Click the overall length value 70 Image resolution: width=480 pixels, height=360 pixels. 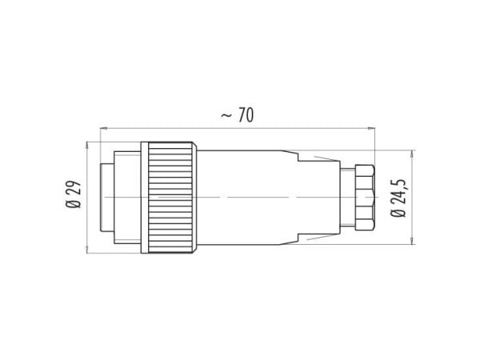(246, 115)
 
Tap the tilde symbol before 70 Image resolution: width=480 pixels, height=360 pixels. (226, 115)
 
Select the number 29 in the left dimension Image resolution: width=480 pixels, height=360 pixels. (74, 188)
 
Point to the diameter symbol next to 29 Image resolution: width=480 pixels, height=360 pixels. (74, 203)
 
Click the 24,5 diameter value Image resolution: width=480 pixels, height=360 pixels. (398, 192)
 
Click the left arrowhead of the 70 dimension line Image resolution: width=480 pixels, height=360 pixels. (104, 128)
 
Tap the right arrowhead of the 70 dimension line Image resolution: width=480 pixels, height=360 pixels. (371, 128)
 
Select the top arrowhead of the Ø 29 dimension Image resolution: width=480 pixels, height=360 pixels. (87, 146)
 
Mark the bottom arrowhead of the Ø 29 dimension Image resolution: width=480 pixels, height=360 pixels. (87, 250)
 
